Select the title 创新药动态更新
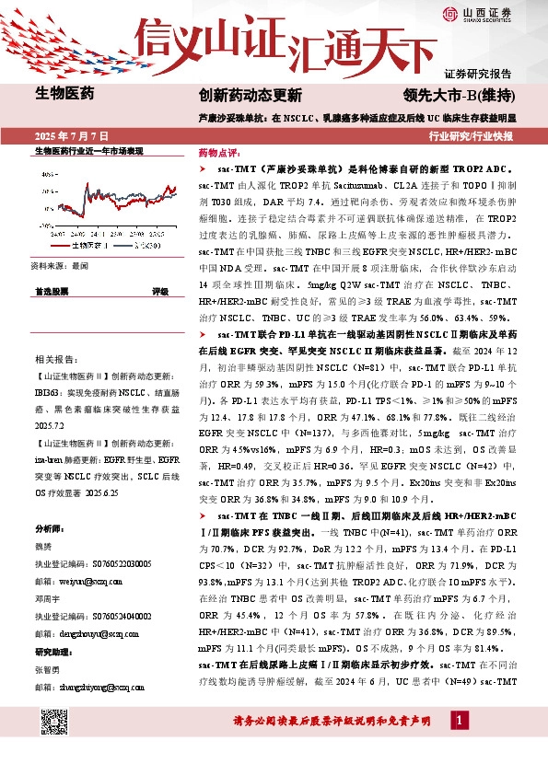(x=250, y=95)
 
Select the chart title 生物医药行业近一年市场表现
(x=89, y=151)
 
